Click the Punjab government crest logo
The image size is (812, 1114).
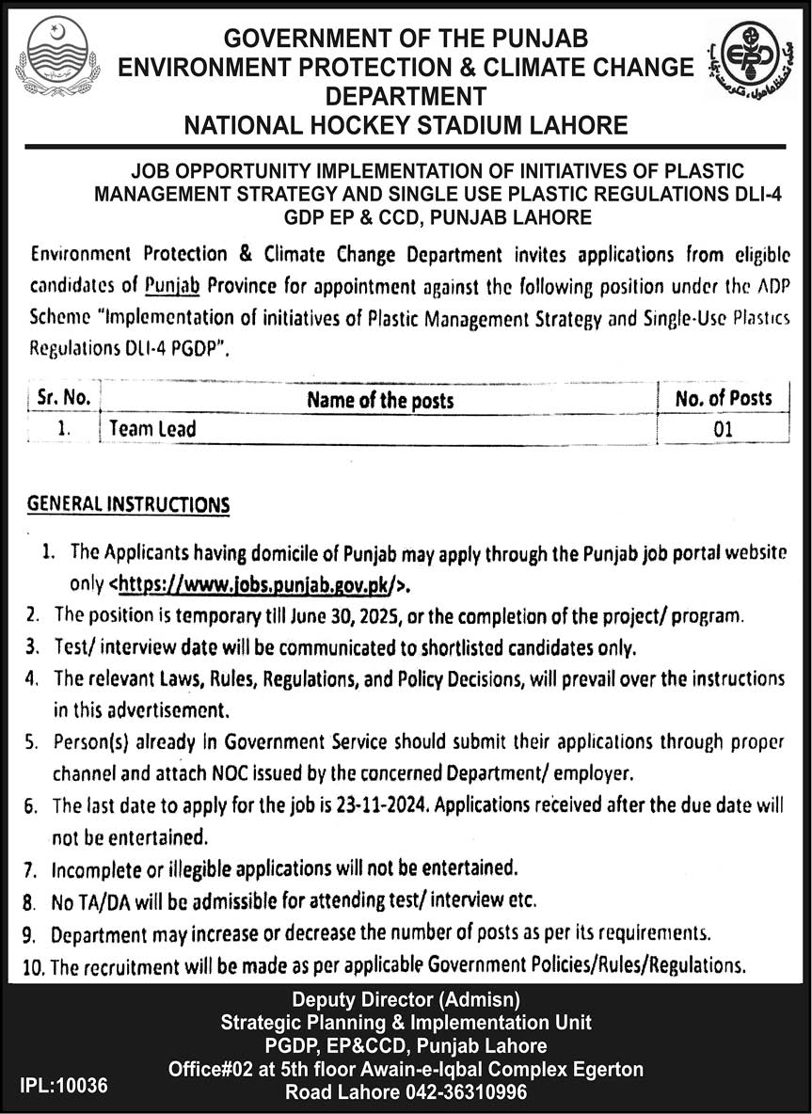(57, 59)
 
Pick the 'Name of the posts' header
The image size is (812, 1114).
(380, 400)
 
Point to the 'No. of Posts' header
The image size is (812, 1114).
(723, 399)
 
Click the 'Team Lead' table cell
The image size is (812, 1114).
(152, 429)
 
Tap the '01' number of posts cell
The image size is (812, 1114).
(723, 429)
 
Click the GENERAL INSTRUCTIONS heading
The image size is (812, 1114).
(129, 504)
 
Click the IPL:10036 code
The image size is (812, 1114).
(64, 1085)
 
